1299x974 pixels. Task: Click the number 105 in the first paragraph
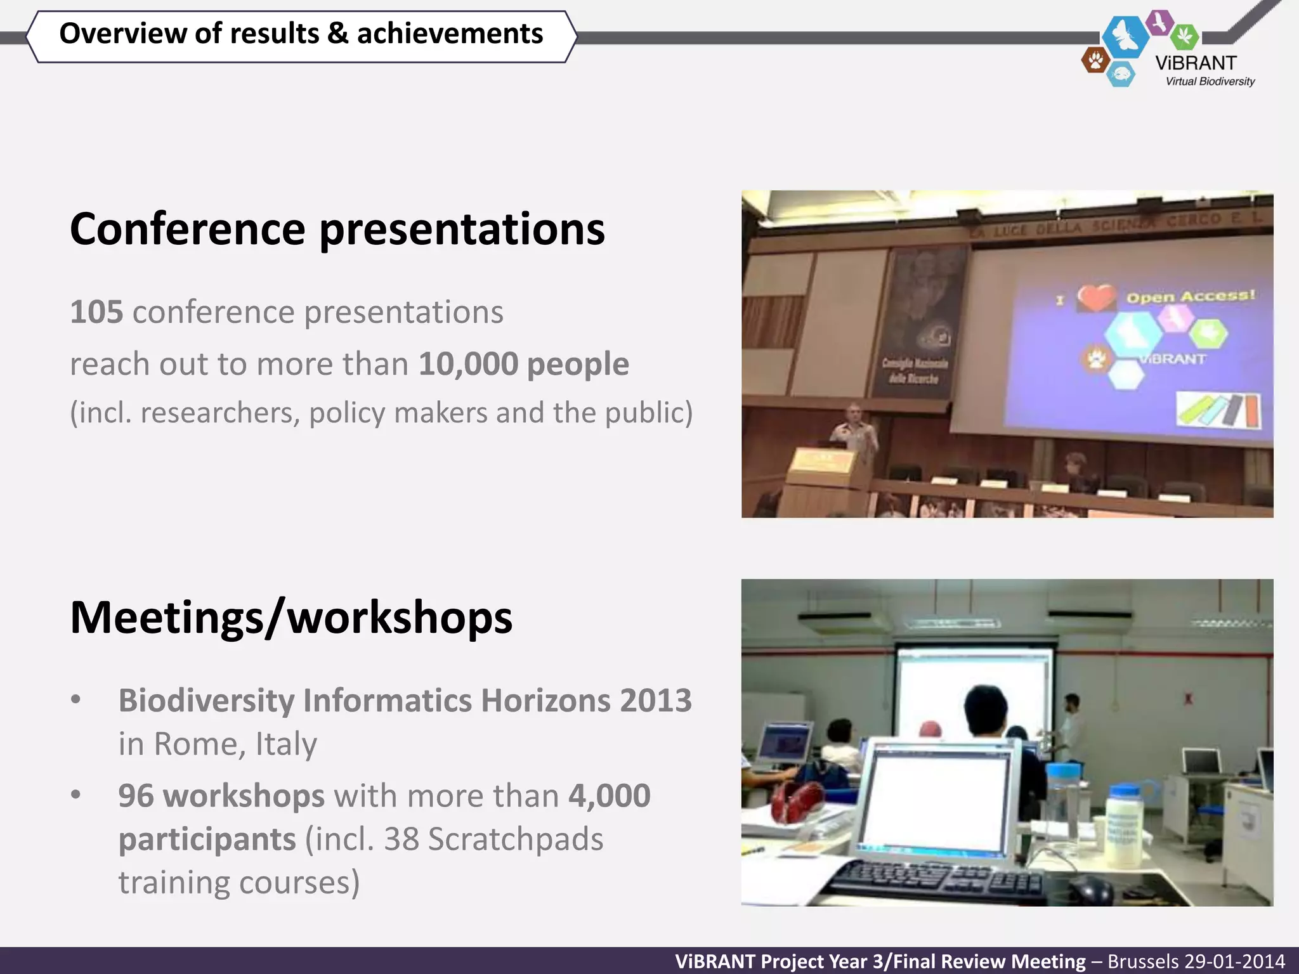96,312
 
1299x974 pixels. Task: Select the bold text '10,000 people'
523,364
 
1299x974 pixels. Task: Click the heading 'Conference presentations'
337,228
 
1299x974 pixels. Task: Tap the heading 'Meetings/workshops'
291,617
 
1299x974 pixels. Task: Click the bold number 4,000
609,796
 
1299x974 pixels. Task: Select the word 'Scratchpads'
515,839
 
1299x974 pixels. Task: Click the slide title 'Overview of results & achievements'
301,34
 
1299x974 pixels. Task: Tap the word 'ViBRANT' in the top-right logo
1196,63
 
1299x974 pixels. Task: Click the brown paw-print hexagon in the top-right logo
1095,61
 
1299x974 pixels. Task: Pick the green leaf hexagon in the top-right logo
1184,36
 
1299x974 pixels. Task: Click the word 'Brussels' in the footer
1142,961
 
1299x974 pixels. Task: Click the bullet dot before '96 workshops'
76,795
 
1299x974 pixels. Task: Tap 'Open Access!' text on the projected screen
1191,296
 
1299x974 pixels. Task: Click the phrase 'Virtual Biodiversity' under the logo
1210,82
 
